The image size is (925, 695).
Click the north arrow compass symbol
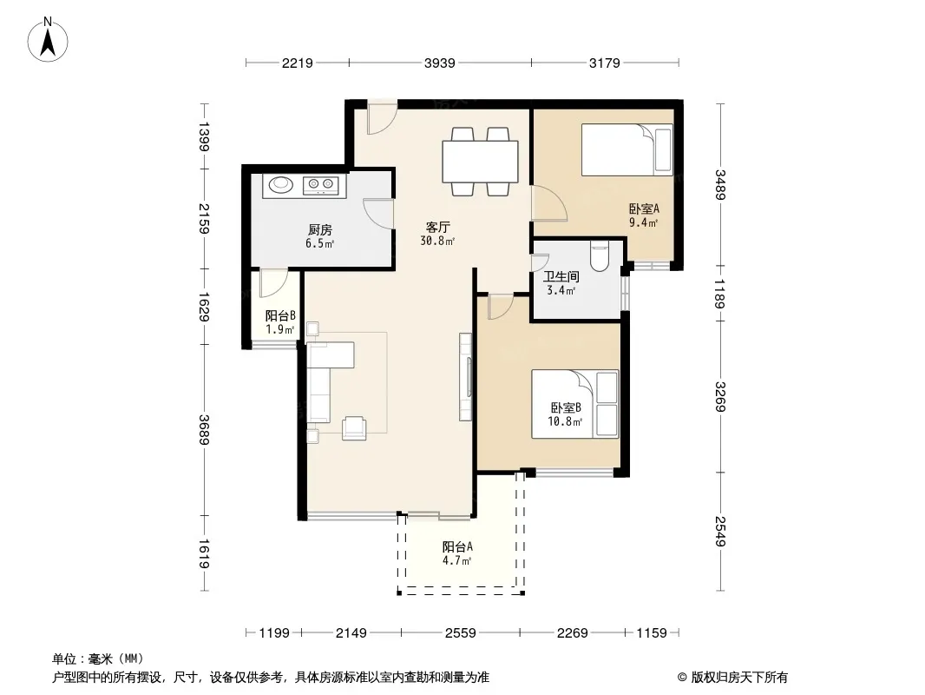click(48, 40)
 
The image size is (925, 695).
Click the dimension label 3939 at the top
click(439, 63)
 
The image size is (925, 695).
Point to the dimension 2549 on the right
click(719, 531)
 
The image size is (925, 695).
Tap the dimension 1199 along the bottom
click(274, 633)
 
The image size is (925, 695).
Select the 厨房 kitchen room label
click(319, 229)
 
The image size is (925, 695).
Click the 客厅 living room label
click(438, 227)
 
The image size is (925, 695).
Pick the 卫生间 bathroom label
click(561, 276)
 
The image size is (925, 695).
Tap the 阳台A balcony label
click(457, 546)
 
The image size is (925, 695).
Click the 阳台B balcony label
click(280, 316)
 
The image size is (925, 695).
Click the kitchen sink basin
click(281, 185)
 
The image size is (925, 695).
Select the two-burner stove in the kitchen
click(321, 185)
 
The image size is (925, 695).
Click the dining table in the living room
click(480, 162)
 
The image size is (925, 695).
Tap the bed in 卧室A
click(627, 149)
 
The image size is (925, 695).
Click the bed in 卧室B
click(575, 404)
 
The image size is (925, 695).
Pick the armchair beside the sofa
click(354, 427)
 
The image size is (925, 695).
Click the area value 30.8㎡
click(437, 241)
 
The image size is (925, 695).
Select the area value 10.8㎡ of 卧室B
click(565, 421)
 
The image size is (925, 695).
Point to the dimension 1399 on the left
click(204, 136)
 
